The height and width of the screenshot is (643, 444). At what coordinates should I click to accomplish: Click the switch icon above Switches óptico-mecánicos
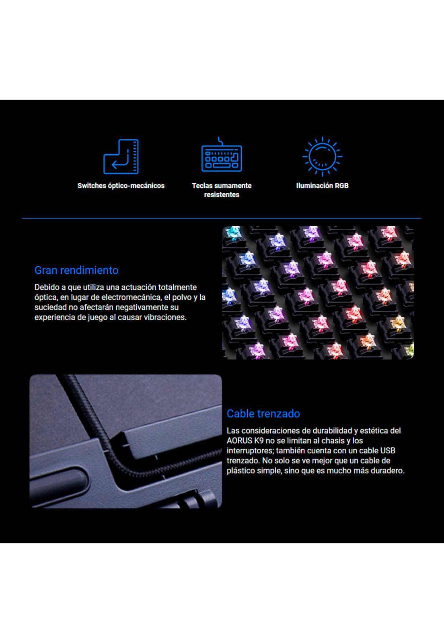tap(121, 156)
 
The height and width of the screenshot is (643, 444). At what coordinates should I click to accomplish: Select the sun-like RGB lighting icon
tap(322, 156)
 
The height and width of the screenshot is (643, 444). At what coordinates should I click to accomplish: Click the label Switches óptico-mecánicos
tap(121, 186)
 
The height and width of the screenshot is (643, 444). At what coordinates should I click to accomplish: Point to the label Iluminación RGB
tap(322, 186)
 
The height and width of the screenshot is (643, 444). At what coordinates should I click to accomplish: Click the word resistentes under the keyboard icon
tap(222, 195)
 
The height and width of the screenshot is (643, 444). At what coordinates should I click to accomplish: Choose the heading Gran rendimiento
tap(76, 270)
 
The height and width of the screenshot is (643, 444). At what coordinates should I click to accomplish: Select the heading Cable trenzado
tap(263, 414)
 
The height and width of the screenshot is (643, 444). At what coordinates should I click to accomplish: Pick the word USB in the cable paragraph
tap(388, 451)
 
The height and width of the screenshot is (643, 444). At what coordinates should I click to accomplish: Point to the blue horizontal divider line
tap(222, 219)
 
